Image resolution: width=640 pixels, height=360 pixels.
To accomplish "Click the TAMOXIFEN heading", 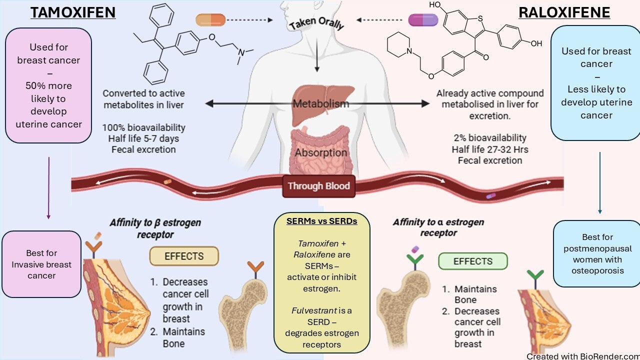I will tap(73, 12).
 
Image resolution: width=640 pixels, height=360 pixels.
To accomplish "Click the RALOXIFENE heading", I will tap(564, 12).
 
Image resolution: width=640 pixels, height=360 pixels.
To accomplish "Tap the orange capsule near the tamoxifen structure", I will tap(211, 20).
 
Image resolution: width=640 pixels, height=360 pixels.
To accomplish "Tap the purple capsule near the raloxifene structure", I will tap(423, 20).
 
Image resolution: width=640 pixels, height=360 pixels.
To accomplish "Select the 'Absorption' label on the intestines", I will tap(321, 152).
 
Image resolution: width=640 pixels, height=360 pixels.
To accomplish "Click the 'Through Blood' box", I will tap(319, 186).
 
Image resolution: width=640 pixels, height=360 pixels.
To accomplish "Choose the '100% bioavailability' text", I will tap(143, 127).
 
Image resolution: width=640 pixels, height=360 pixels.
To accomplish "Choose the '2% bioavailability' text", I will tap(490, 138).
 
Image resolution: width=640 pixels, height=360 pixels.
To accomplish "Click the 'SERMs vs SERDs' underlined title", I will tap(321, 221).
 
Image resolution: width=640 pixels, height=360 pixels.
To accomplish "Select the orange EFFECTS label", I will tap(184, 256).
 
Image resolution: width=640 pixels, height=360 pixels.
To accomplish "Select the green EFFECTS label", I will tap(472, 261).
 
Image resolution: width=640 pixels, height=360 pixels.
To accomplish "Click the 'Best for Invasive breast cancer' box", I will tap(41, 264).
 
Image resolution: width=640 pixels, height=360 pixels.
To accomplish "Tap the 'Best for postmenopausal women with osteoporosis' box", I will tap(596, 253).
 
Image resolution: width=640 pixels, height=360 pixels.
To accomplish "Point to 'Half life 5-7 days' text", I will tap(143, 138).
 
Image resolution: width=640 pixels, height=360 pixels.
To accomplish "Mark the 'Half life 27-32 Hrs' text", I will tap(490, 149).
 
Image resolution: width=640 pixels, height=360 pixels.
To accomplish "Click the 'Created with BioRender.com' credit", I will tap(582, 356).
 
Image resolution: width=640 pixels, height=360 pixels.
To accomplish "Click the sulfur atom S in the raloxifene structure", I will tap(480, 19).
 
